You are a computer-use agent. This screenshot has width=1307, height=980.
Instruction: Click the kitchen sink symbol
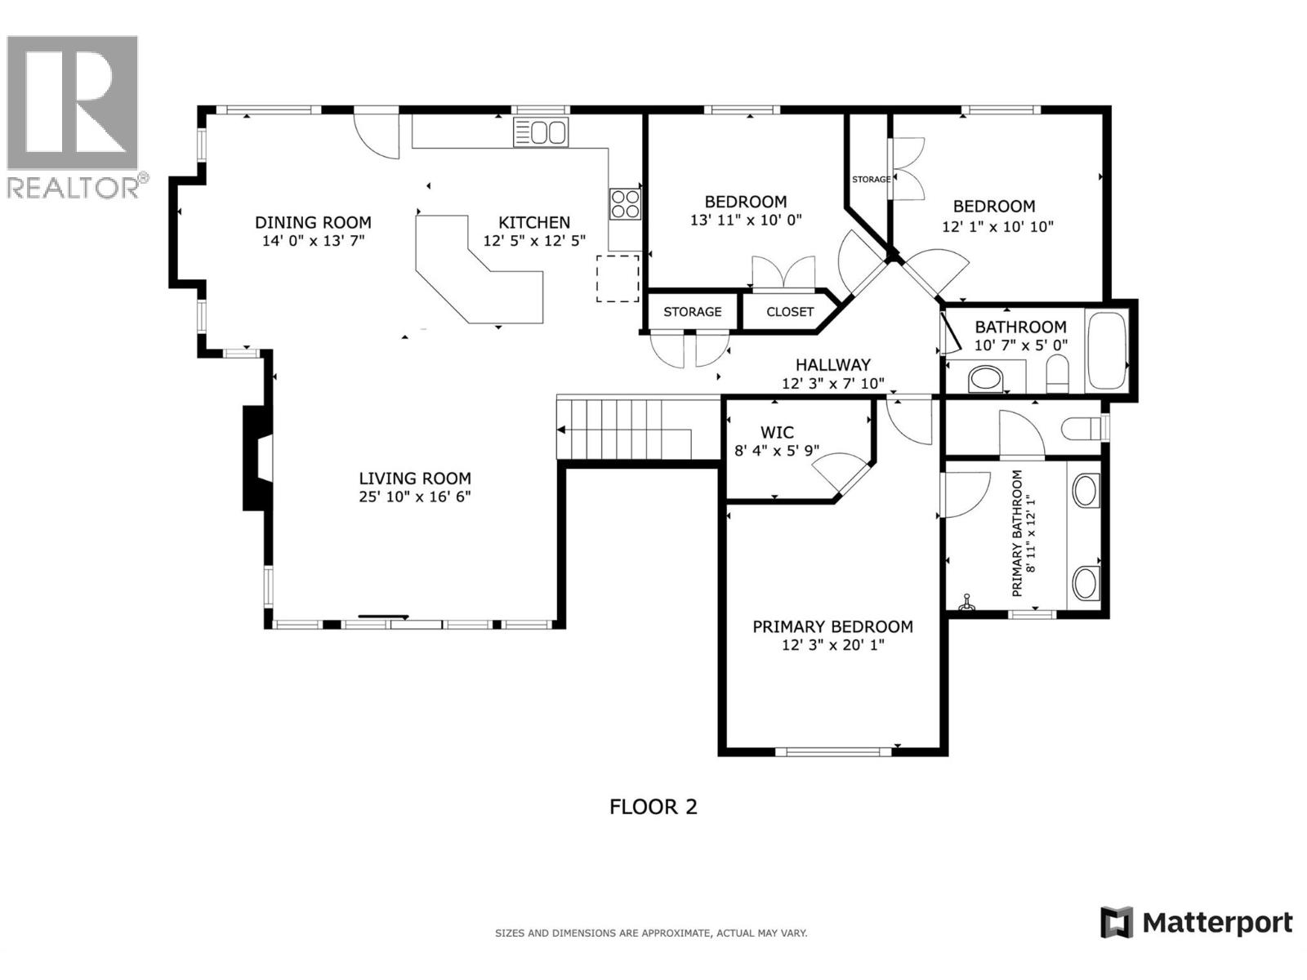[x=541, y=132]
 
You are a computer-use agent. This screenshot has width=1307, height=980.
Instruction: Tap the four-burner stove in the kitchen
[x=625, y=203]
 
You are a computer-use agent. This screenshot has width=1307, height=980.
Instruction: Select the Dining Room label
[x=313, y=222]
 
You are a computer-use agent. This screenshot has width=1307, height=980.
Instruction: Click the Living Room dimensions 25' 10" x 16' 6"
[x=415, y=497]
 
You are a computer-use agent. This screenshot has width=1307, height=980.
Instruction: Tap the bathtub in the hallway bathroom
[x=1106, y=351]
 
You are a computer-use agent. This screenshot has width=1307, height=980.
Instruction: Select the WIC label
[x=776, y=432]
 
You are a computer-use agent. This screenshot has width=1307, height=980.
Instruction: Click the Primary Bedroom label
[x=832, y=626]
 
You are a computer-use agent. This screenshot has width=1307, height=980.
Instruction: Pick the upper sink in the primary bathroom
[x=1085, y=491]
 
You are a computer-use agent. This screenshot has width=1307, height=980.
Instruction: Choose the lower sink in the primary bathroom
[x=1085, y=582]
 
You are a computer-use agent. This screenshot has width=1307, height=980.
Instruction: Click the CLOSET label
[x=790, y=312]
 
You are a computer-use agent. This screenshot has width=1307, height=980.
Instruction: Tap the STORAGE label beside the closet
[x=692, y=312]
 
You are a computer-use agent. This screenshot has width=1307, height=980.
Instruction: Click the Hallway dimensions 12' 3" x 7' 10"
[x=833, y=383]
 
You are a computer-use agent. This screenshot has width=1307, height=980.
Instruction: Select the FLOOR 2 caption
[x=653, y=807]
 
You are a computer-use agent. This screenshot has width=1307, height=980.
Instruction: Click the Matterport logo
[x=1197, y=923]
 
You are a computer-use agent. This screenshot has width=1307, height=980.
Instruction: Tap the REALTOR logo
[x=74, y=114]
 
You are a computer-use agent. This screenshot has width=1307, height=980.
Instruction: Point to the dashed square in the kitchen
[x=618, y=278]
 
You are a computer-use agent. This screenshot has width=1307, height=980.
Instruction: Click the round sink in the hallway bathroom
[x=985, y=380]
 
